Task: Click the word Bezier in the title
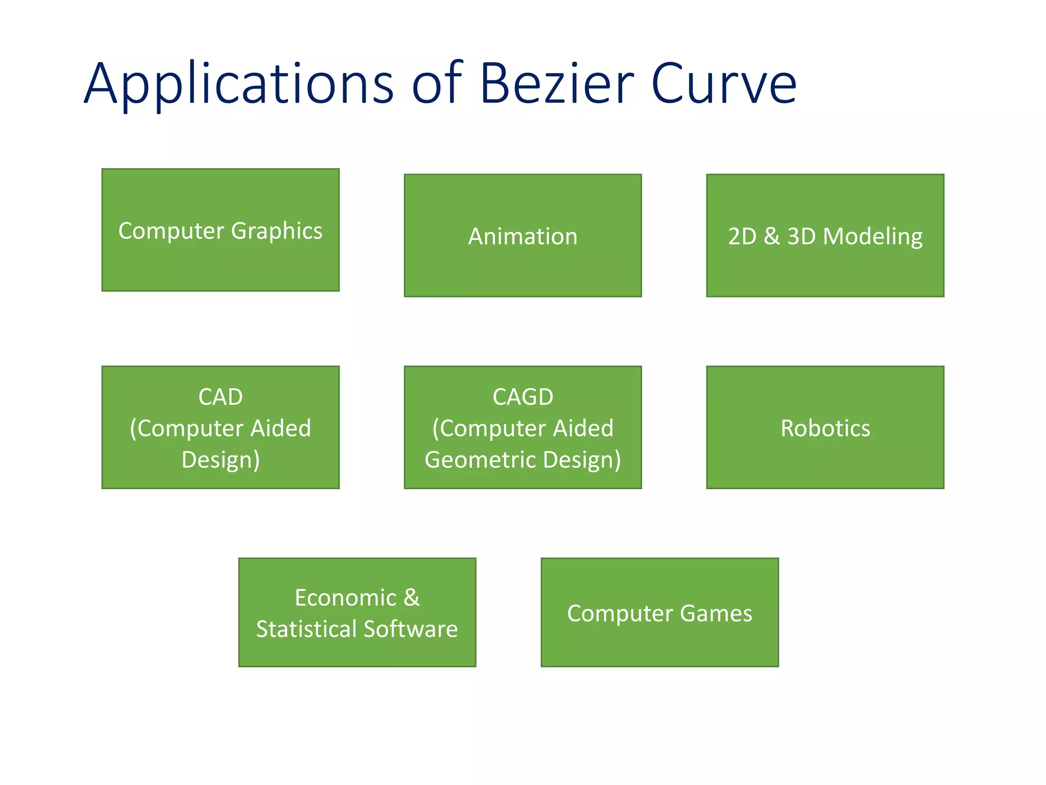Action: coord(557,84)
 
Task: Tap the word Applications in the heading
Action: coord(239,84)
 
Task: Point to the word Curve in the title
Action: coord(724,84)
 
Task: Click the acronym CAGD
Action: coord(522,397)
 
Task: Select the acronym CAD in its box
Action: coord(220,397)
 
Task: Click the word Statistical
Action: coord(306,629)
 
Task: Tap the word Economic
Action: coord(345,598)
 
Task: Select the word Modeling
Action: coord(873,237)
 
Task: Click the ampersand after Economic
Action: coord(412,598)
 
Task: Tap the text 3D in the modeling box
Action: coord(801,237)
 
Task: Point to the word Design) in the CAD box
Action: coord(220,460)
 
